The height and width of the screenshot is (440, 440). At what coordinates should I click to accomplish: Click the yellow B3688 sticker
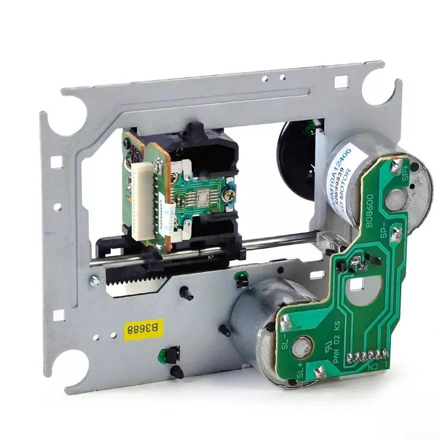pyautogui.click(x=143, y=329)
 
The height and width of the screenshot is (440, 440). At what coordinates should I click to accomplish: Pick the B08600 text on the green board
pyautogui.click(x=370, y=211)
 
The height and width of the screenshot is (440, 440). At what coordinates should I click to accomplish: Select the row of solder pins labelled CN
pyautogui.click(x=367, y=356)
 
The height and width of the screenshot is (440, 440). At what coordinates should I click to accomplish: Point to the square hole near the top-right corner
pyautogui.click(x=341, y=82)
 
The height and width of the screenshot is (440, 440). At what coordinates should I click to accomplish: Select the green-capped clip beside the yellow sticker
pyautogui.click(x=164, y=355)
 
